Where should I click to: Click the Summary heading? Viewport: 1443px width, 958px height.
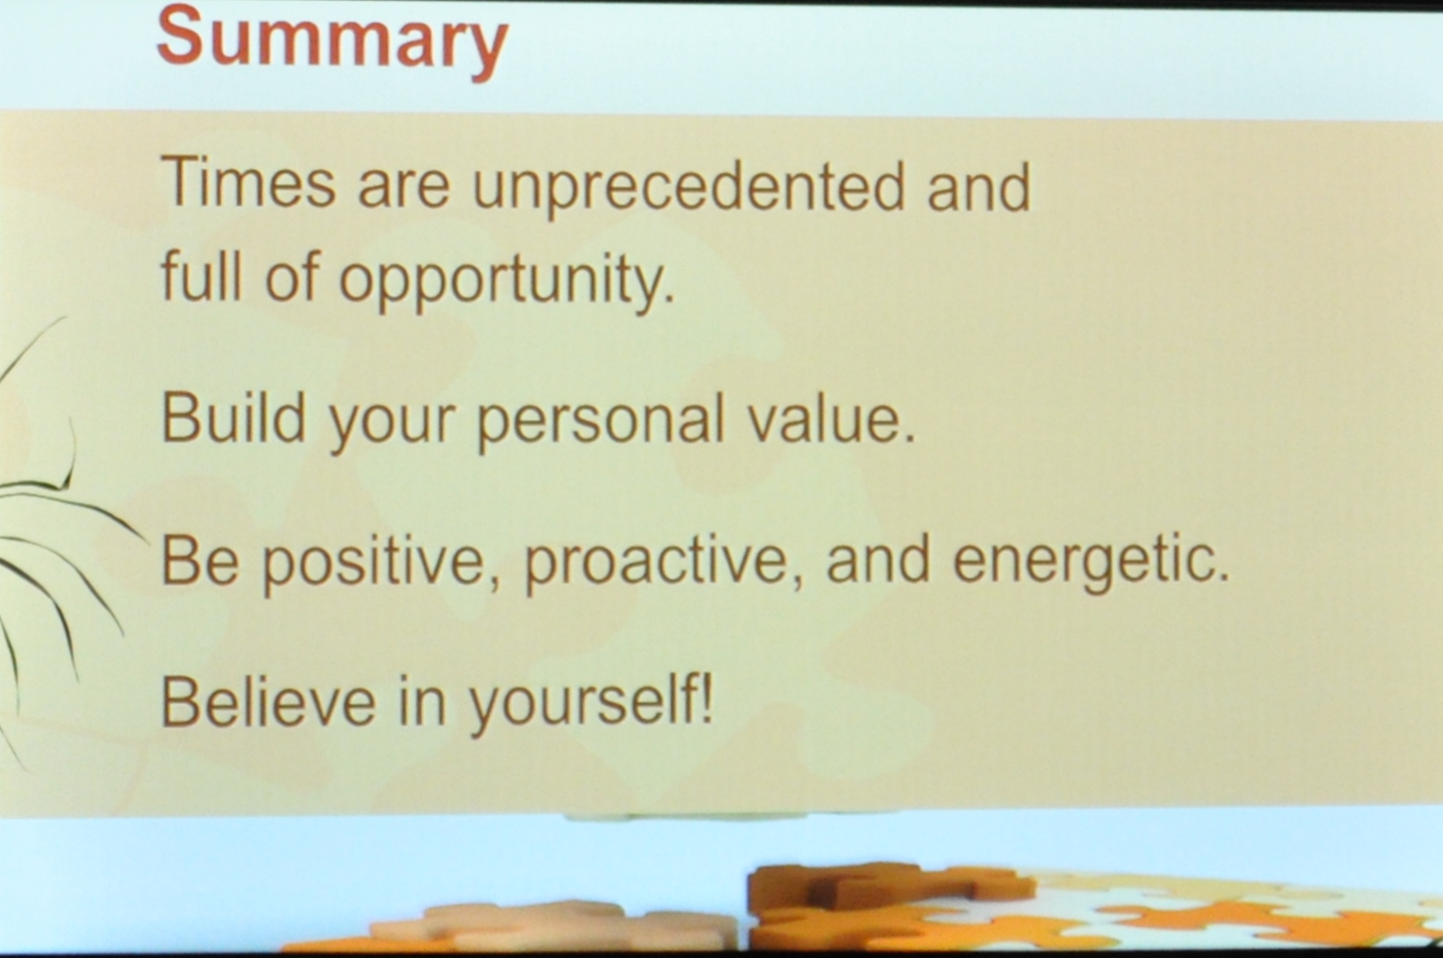tap(332, 42)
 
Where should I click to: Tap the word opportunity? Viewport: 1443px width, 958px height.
tap(507, 279)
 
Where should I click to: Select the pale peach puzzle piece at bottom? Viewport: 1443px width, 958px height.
tap(554, 926)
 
